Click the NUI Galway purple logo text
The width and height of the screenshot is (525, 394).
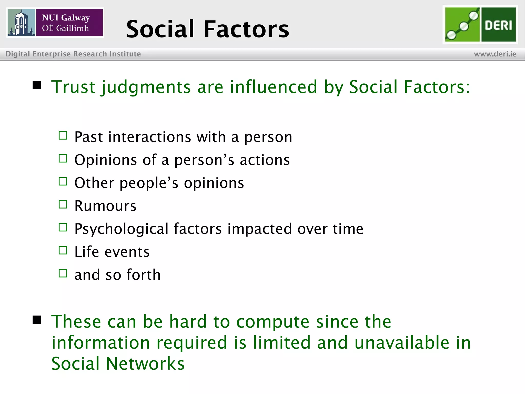point(69,23)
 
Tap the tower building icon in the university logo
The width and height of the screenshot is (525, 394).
point(21,23)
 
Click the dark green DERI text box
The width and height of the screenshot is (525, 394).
point(498,25)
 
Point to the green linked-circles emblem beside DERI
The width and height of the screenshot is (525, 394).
point(462,25)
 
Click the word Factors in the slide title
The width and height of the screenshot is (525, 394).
point(246,29)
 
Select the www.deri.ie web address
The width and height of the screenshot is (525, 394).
point(495,54)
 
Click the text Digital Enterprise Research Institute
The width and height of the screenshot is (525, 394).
point(73,54)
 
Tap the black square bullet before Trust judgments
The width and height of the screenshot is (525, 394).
point(37,85)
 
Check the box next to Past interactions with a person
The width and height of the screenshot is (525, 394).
point(63,135)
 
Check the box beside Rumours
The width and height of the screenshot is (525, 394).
point(63,204)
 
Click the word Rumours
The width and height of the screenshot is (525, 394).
point(105,206)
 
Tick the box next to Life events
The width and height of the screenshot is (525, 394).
point(63,250)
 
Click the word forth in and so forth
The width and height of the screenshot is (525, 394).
point(143,275)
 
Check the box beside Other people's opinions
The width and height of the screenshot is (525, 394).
point(63,181)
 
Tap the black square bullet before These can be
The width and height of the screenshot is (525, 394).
point(37,320)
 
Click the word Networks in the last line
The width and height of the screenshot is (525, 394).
point(145,363)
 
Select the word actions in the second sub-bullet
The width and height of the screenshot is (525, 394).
point(265,160)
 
